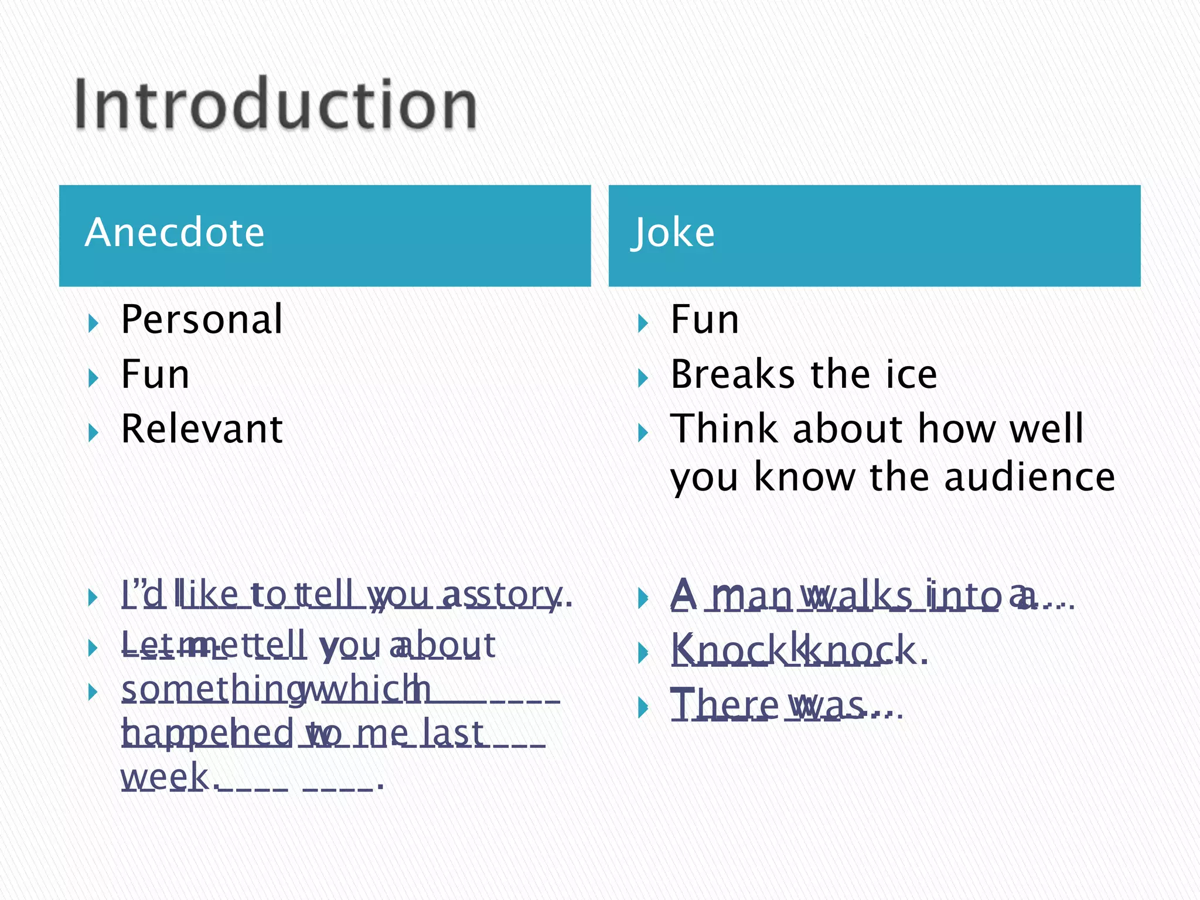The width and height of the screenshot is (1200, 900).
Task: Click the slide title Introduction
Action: coord(275,104)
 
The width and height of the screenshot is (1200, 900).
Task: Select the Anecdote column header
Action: coord(175,233)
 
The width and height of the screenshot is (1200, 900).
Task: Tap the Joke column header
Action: coord(673,233)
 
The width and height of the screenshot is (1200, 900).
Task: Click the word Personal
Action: coord(202,319)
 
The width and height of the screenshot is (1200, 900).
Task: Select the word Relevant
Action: coord(202,428)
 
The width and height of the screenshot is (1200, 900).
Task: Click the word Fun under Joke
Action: coord(704,319)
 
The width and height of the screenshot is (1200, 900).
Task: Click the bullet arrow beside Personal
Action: coord(93,323)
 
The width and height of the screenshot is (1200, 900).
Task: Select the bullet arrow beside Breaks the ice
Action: coord(643,378)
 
